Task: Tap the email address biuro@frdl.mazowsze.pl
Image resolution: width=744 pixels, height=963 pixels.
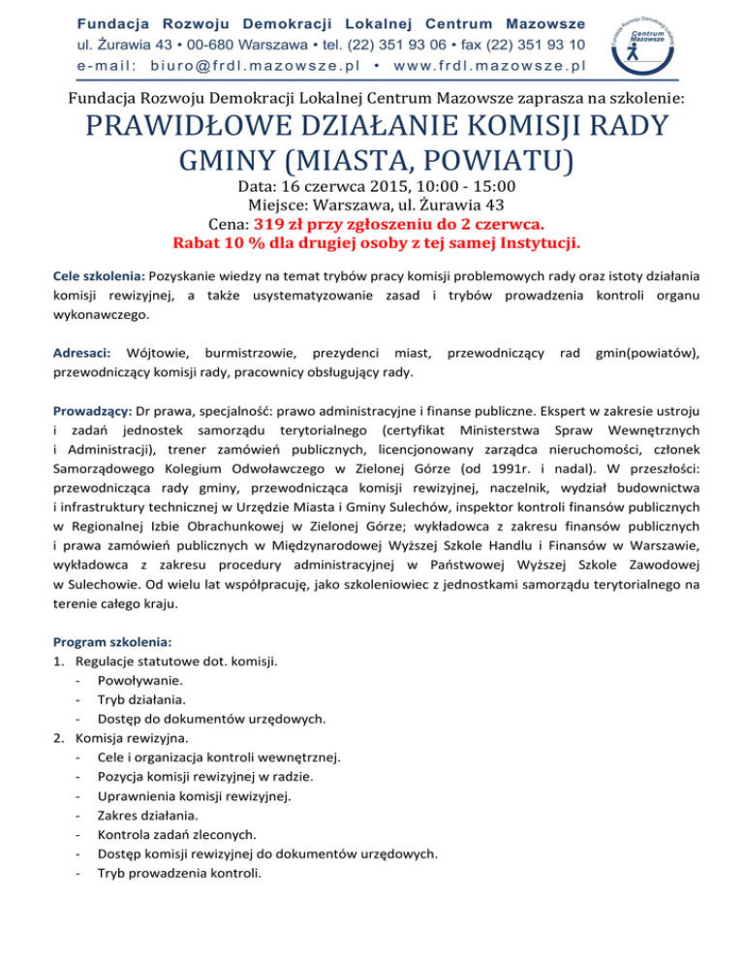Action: click(265, 66)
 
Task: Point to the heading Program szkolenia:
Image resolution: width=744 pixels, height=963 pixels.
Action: click(113, 641)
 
